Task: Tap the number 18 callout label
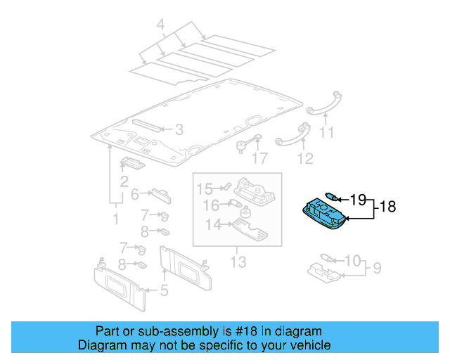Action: pyautogui.click(x=387, y=207)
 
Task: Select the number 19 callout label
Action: pyautogui.click(x=359, y=199)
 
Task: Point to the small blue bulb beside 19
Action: pyautogui.click(x=333, y=198)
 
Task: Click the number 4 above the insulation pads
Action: pyautogui.click(x=161, y=27)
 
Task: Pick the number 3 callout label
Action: pyautogui.click(x=179, y=129)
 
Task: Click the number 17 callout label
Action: pyautogui.click(x=260, y=159)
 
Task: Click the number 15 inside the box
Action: pyautogui.click(x=204, y=188)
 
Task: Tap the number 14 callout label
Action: pyautogui.click(x=212, y=224)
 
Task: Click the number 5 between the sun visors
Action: pyautogui.click(x=164, y=290)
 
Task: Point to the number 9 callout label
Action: pyautogui.click(x=377, y=268)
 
